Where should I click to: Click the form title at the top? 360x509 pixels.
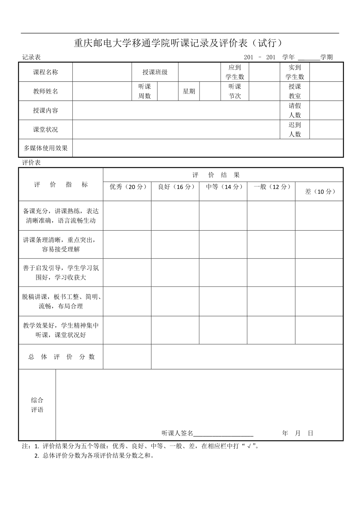[178, 43]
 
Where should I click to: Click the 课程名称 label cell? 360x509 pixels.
[45, 72]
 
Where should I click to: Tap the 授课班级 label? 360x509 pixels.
[155, 72]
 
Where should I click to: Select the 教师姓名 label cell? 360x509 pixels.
[45, 91]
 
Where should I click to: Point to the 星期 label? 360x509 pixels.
[189, 91]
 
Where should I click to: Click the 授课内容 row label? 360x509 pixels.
[45, 110]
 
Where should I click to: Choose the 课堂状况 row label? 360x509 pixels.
[45, 129]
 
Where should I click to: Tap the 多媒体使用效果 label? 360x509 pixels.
[45, 148]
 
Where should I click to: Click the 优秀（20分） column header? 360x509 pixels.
[127, 187]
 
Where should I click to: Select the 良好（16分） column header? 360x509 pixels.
[175, 187]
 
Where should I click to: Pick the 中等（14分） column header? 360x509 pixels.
[223, 187]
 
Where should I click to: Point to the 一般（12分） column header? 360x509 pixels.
[271, 187]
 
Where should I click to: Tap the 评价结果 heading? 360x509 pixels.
[216, 175]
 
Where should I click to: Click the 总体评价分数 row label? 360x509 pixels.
[61, 357]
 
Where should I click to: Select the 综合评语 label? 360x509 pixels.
[37, 405]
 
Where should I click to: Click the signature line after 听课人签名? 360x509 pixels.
[223, 433]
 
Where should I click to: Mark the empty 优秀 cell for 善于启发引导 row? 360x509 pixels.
[127, 272]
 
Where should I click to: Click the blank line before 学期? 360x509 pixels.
[309, 57]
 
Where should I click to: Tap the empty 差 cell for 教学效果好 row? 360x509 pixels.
[319, 330]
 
